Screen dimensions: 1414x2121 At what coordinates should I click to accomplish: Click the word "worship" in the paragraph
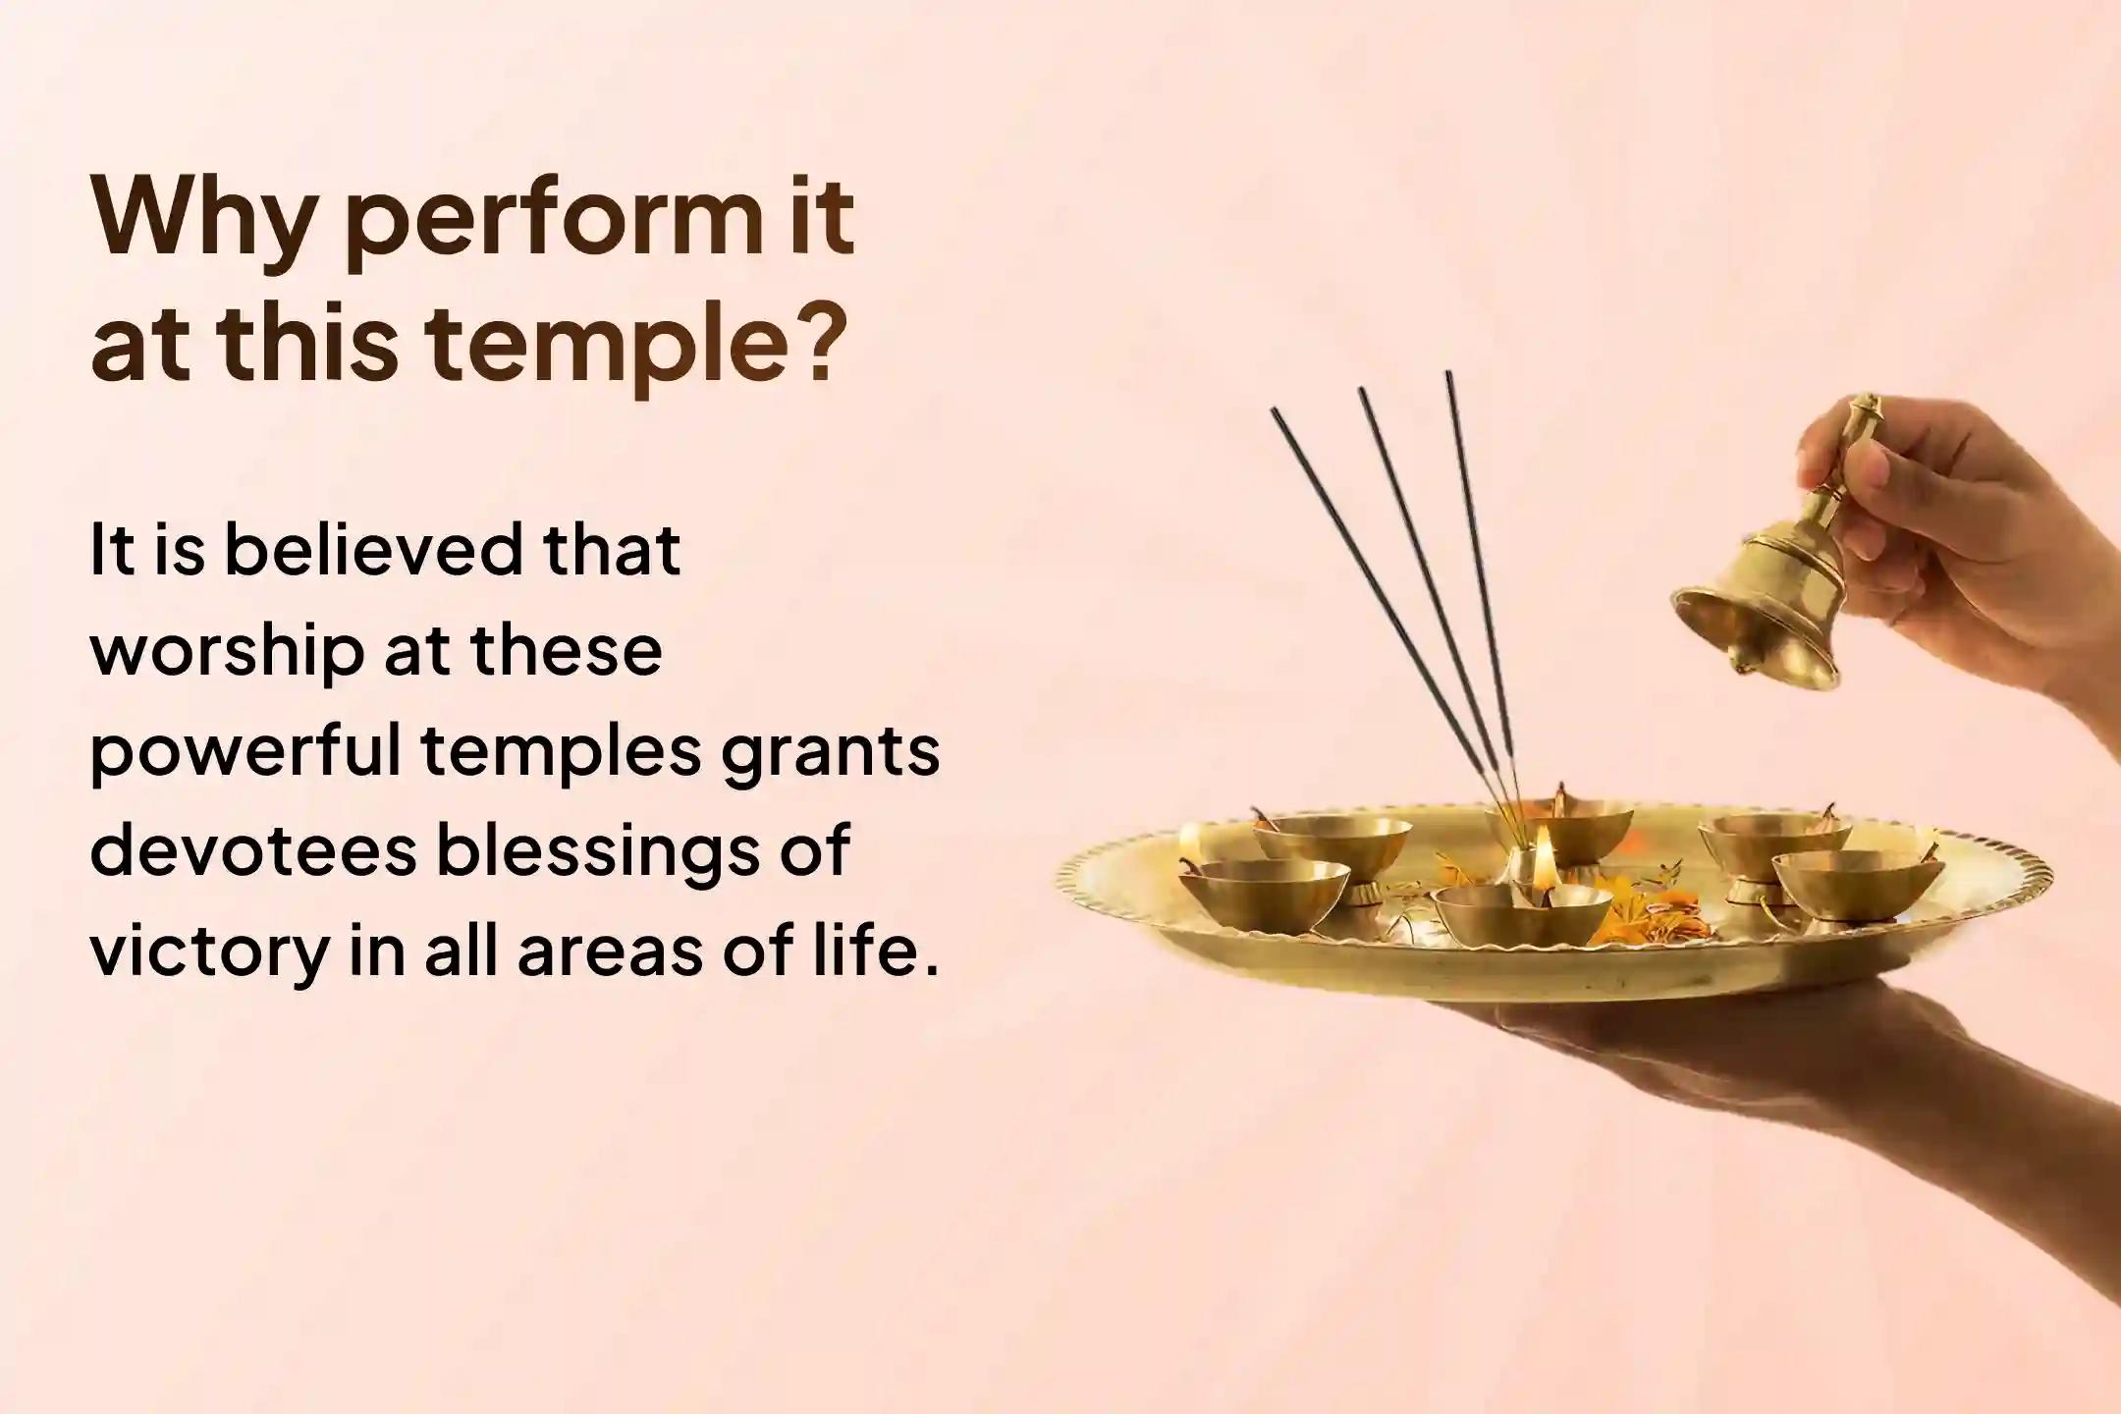(x=223, y=652)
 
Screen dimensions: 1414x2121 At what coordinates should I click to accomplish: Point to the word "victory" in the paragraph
(x=206, y=952)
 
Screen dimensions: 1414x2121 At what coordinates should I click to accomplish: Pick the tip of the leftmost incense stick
(x=1275, y=412)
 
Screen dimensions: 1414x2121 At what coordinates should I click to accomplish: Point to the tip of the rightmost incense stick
(x=1446, y=374)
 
